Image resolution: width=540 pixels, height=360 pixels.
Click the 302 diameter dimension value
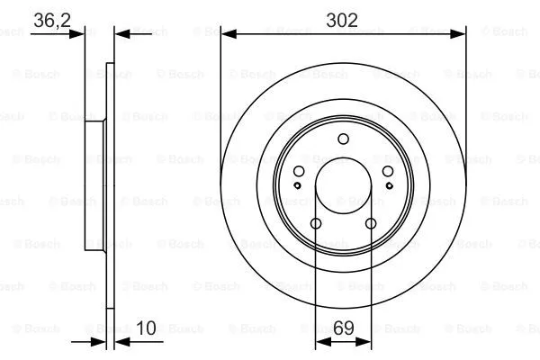(343, 19)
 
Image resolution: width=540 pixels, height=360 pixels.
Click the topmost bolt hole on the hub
(343, 139)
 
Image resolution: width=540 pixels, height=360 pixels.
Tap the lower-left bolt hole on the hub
(316, 224)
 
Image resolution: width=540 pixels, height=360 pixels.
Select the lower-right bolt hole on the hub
(370, 224)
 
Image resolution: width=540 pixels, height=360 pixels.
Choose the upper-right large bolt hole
(387, 173)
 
